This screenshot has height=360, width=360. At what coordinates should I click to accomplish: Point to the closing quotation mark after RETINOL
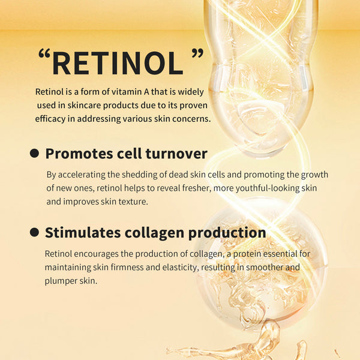click(197, 55)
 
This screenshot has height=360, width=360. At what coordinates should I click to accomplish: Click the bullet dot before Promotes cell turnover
click(35, 154)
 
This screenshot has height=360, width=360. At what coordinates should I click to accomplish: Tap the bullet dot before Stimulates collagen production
click(35, 233)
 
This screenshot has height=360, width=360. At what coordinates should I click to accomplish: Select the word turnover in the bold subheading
click(176, 154)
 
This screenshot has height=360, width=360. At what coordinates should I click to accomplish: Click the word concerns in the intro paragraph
click(193, 119)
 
